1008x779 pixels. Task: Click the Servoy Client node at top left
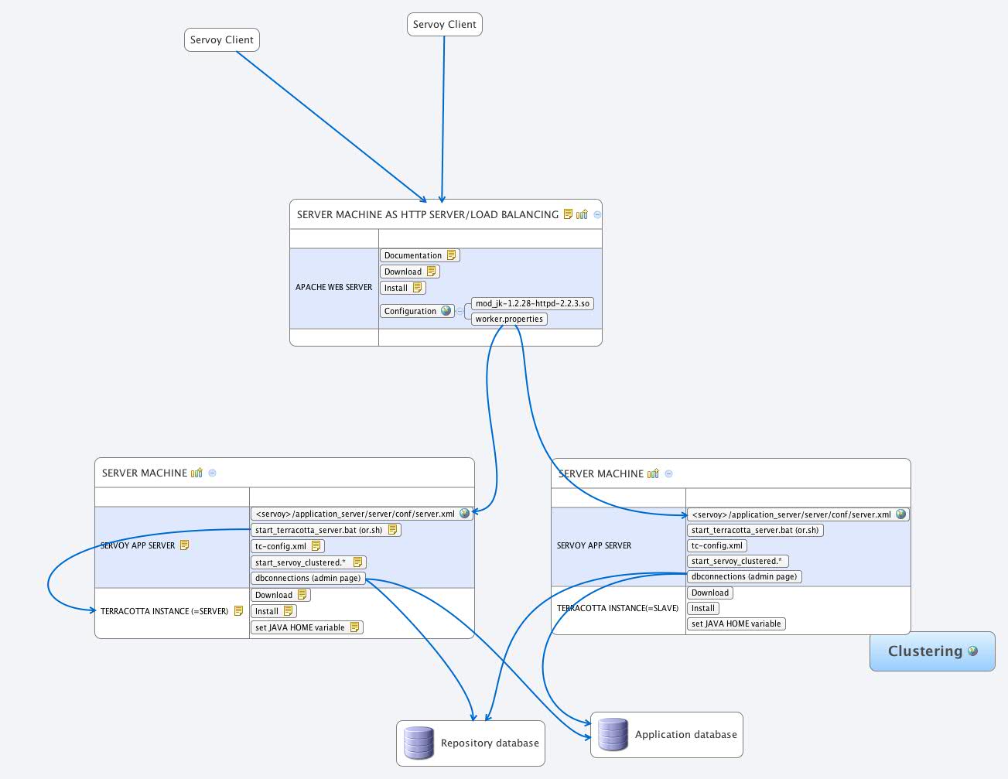tap(221, 40)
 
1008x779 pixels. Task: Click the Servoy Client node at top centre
tap(444, 25)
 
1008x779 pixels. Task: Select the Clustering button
tap(931, 651)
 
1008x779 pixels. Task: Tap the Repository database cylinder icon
tap(419, 743)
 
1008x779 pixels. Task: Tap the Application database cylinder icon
tap(613, 734)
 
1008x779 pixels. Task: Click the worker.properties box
tap(509, 319)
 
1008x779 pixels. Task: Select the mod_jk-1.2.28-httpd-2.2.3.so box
tap(532, 303)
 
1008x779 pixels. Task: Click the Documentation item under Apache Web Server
tap(413, 255)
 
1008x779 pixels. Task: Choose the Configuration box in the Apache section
tap(411, 311)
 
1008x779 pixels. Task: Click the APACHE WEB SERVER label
tap(333, 287)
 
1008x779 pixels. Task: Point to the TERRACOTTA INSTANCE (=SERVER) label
tap(164, 611)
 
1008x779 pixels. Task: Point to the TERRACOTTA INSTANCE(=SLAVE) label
tap(617, 608)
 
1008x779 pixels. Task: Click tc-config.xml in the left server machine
tap(281, 546)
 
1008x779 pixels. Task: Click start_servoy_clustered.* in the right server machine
tap(736, 561)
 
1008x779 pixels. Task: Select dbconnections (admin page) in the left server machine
tap(307, 578)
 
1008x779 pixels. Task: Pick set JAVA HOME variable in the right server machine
tap(736, 624)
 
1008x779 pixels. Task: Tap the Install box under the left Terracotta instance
tap(267, 611)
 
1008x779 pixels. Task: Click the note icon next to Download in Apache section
tap(432, 272)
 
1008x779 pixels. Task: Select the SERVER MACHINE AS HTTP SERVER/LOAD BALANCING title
tap(427, 214)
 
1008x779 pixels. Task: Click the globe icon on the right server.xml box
tap(900, 514)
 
